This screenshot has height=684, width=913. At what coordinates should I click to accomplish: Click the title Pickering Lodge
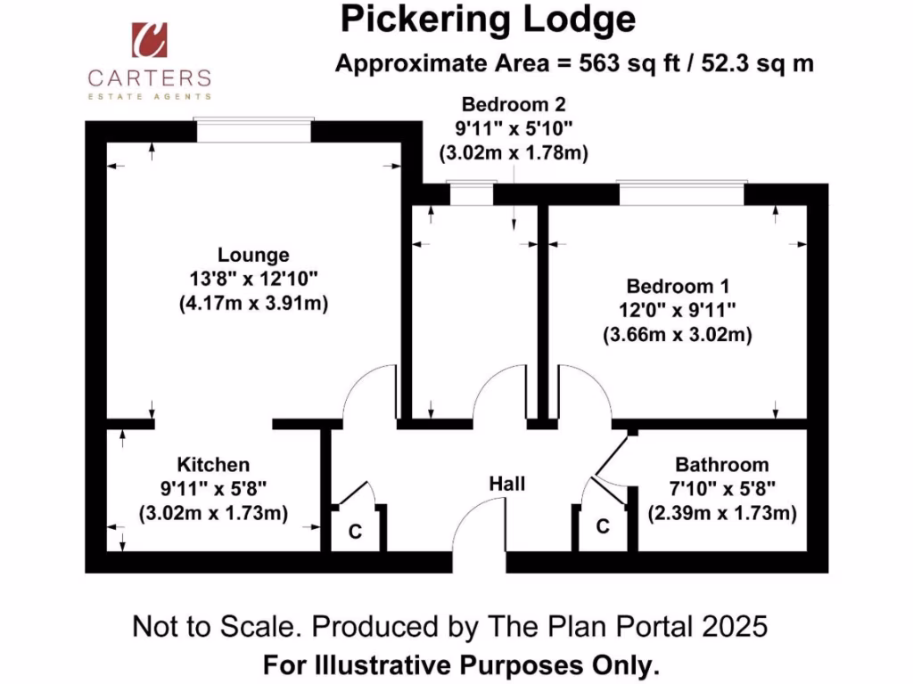point(489,19)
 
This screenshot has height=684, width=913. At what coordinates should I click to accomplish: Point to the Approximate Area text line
point(574,64)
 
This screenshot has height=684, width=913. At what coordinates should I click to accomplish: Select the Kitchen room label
point(213,464)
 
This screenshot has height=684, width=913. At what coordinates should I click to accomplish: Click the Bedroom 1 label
point(678,287)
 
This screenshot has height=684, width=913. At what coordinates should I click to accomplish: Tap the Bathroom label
point(721,464)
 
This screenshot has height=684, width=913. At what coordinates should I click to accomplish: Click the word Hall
point(506,484)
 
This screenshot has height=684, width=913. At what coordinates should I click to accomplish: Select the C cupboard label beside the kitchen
point(355,533)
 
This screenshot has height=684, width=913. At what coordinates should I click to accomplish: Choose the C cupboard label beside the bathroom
point(603,527)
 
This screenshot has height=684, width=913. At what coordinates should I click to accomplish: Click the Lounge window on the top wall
point(254,129)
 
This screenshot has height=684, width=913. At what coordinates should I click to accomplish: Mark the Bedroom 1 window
point(681,192)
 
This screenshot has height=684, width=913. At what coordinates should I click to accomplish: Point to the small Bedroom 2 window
point(470,192)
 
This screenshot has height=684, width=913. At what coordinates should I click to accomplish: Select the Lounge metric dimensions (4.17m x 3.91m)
point(254,304)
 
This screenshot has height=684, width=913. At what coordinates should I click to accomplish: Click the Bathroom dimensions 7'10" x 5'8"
point(721,489)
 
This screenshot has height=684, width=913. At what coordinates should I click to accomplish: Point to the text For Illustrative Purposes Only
point(462,664)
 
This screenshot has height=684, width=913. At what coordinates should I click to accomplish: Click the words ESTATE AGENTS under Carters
point(149,95)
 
